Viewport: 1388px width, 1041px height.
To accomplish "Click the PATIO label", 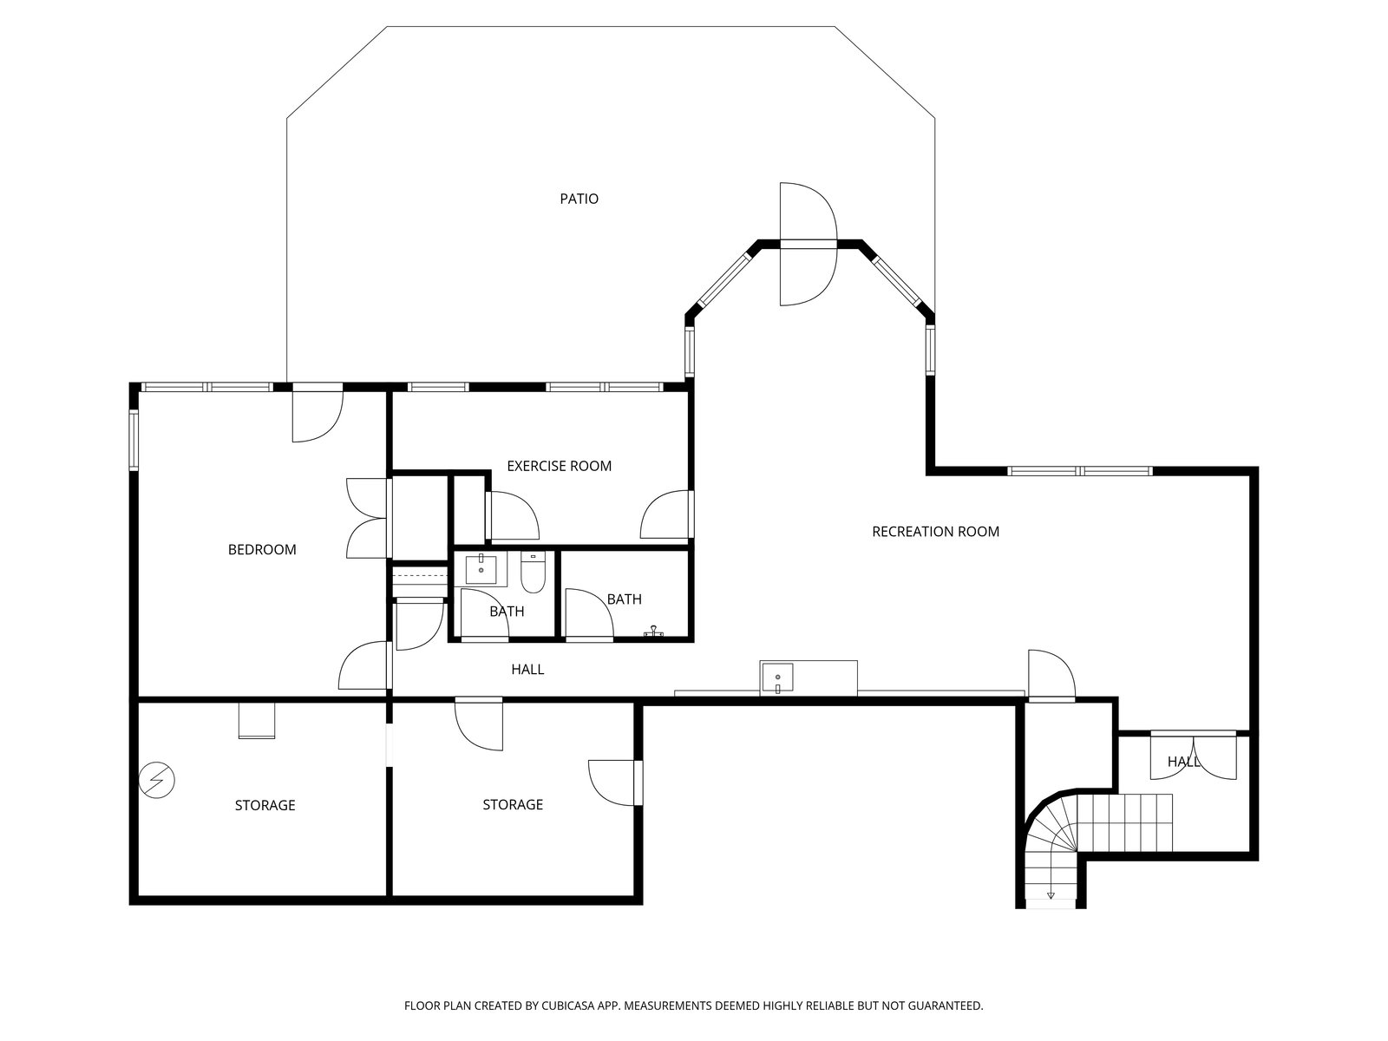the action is tap(579, 199).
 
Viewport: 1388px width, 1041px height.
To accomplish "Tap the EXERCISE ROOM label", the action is tap(559, 466).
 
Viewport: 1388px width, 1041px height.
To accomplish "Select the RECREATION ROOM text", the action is tap(935, 532).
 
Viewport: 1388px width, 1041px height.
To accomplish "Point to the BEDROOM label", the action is tap(262, 549).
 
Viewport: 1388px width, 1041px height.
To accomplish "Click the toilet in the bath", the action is tap(533, 572).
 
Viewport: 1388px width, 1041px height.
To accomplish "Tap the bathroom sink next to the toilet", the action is tap(481, 569).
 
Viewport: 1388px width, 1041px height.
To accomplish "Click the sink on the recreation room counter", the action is tap(777, 678).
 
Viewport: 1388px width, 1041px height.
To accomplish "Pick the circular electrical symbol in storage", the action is tap(156, 780).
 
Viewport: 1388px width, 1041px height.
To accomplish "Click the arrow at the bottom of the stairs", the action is tap(1051, 894).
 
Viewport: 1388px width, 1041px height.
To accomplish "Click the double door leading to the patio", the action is tap(809, 244).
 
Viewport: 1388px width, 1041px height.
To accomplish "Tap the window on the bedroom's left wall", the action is tap(134, 440).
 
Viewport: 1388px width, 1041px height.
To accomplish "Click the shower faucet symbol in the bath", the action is tap(653, 631).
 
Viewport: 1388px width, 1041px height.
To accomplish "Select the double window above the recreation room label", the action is tap(1079, 471).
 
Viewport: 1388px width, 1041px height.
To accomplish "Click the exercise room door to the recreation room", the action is tap(667, 514).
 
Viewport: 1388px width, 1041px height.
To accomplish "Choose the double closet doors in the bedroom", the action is tap(367, 518).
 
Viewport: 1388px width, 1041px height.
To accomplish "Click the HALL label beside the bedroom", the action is tap(527, 670).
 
